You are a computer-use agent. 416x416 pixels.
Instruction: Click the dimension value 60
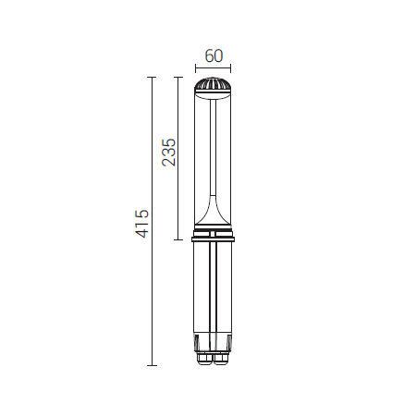pos(214,55)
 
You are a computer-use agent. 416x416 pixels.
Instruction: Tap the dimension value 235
pos(169,153)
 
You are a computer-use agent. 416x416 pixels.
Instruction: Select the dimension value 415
pos(142,224)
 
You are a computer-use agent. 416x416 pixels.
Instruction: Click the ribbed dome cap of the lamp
pos(213,84)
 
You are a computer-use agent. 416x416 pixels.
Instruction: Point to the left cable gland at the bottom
pos(204,360)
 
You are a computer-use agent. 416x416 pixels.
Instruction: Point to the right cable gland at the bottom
pos(221,360)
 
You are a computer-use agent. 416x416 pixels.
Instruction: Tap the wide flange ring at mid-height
pos(213,239)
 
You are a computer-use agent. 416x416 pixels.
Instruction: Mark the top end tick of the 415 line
pos(152,77)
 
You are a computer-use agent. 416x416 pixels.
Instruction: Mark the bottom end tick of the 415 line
pos(152,365)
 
